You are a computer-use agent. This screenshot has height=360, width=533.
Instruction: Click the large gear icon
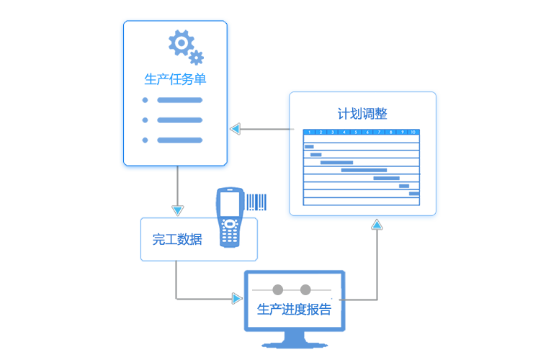pyautogui.click(x=180, y=42)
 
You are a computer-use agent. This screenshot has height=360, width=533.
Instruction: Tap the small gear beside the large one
pyautogui.click(x=196, y=58)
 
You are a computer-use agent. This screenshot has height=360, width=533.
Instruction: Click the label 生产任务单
pyautogui.click(x=175, y=79)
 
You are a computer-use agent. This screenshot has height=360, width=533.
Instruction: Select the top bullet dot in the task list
pyautogui.click(x=145, y=100)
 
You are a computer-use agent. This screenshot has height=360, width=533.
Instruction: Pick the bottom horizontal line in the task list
pyautogui.click(x=179, y=140)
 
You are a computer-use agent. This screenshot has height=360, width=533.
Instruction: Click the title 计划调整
pyautogui.click(x=362, y=114)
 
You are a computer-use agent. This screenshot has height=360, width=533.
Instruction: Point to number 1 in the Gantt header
pyautogui.click(x=309, y=132)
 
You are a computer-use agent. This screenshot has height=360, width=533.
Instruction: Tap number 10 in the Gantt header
pyautogui.click(x=413, y=132)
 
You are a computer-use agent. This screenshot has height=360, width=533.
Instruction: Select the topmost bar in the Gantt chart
pyautogui.click(x=309, y=147)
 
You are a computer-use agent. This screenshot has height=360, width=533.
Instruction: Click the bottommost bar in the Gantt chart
pyautogui.click(x=413, y=194)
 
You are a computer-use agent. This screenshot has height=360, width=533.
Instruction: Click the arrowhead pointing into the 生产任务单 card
pyautogui.click(x=235, y=129)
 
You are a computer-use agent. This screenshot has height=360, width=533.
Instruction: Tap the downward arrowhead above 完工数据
pyautogui.click(x=177, y=210)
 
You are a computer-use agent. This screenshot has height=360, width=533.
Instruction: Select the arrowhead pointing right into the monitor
pyautogui.click(x=237, y=298)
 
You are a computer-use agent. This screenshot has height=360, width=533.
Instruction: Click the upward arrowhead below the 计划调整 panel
pyautogui.click(x=377, y=225)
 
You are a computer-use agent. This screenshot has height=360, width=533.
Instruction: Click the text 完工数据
pyautogui.click(x=177, y=240)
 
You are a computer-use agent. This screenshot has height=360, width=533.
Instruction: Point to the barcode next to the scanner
pyautogui.click(x=256, y=202)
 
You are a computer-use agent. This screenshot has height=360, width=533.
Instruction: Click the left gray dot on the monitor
pyautogui.click(x=277, y=289)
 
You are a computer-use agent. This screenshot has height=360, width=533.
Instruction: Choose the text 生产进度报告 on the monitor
pyautogui.click(x=294, y=310)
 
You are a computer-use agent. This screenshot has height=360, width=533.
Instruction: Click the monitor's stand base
pyautogui.click(x=294, y=345)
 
